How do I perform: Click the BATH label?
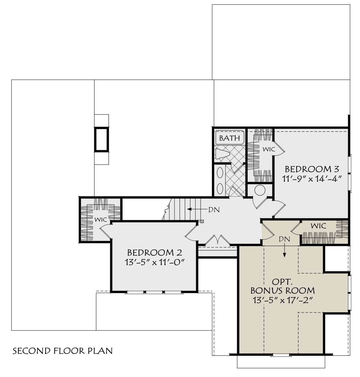229,138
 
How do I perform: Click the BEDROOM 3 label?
312,169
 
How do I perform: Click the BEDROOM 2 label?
154,253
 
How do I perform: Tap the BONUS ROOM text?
283,291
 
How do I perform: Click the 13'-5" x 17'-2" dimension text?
283,300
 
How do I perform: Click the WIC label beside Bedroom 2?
101,220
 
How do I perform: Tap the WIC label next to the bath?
269,149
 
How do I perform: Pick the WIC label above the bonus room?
318,226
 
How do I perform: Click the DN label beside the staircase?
214,210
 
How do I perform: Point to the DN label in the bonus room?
284,239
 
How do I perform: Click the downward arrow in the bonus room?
284,251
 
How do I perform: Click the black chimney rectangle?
101,139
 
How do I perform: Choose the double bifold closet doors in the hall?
217,240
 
